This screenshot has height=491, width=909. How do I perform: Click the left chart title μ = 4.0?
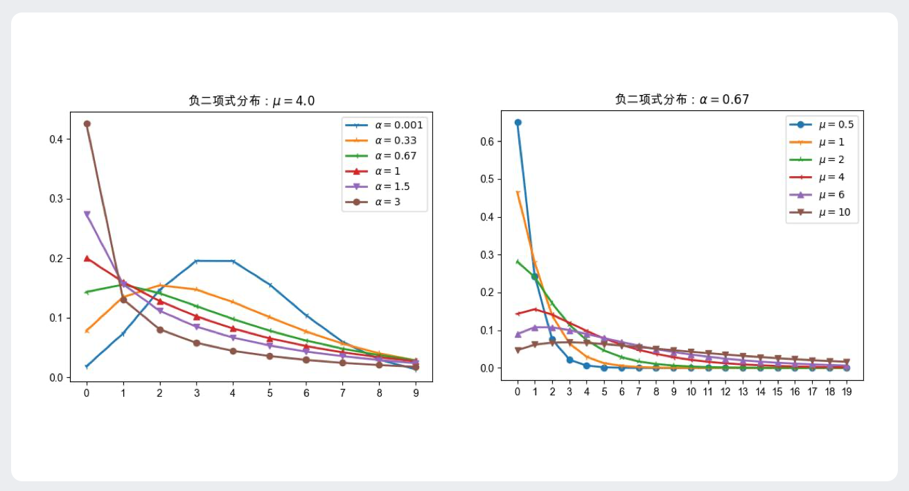251,101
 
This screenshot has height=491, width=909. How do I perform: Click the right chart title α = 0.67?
682,99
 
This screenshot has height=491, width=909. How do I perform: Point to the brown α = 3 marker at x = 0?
87,123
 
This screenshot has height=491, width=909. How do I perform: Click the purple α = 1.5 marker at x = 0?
87,214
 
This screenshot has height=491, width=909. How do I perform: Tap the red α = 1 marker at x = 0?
87,258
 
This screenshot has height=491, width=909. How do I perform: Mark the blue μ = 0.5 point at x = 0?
518,122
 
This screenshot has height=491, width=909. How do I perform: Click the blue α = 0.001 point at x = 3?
196,261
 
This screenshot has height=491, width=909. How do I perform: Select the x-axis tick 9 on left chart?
416,393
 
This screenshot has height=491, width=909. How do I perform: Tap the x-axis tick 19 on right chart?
846,392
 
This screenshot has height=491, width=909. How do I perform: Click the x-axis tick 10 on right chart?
691,392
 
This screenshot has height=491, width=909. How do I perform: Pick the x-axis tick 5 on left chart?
270,393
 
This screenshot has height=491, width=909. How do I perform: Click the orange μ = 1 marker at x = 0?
518,193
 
